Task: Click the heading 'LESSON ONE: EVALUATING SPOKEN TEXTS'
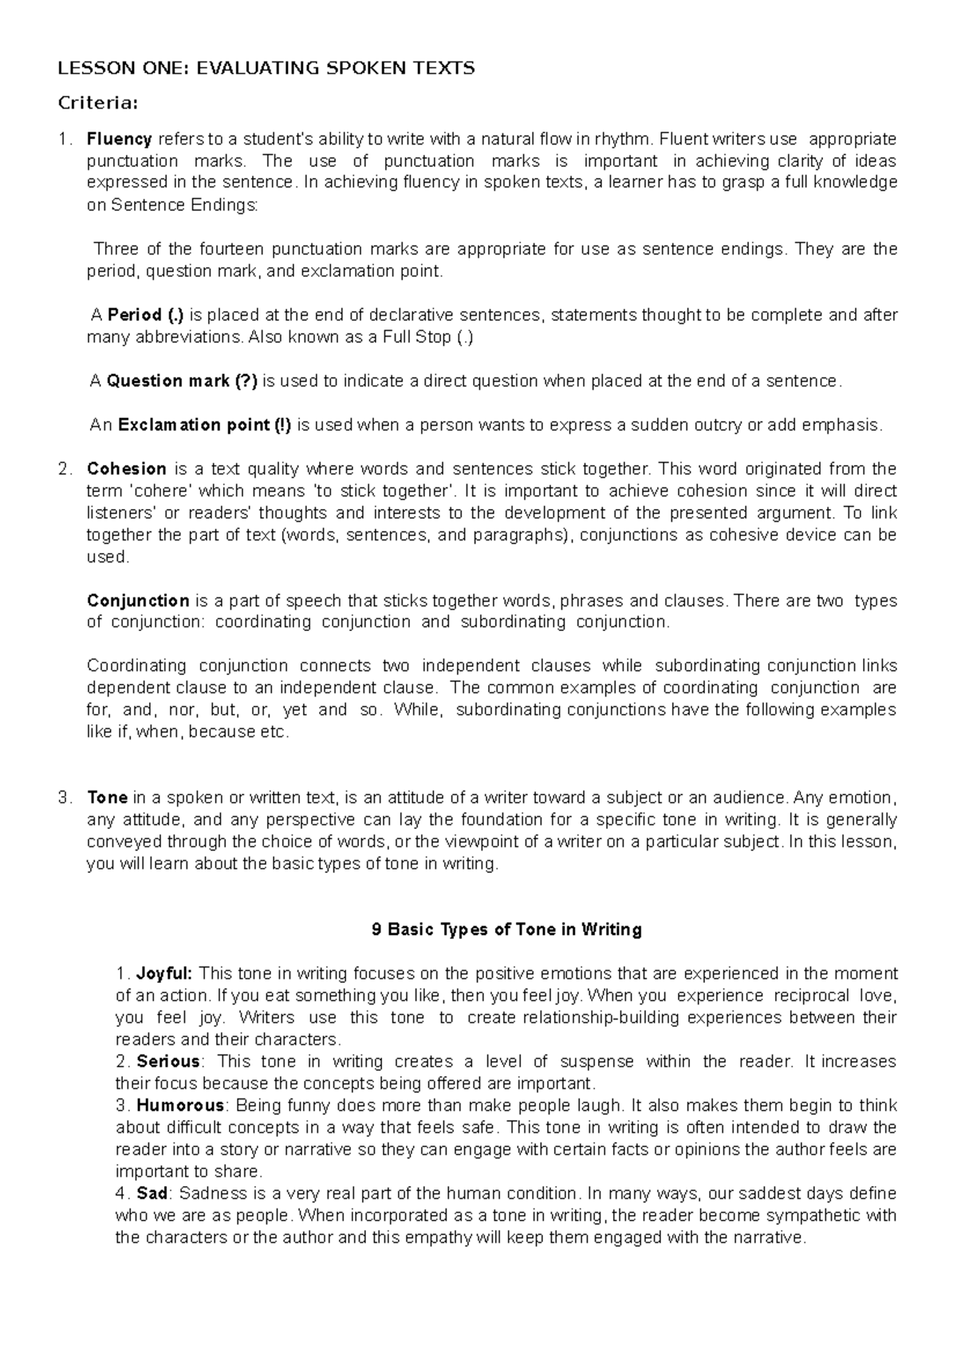pyautogui.click(x=266, y=68)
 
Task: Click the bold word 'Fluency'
pyautogui.click(x=120, y=138)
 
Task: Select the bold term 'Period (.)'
pyautogui.click(x=146, y=314)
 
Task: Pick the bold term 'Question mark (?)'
pyautogui.click(x=182, y=381)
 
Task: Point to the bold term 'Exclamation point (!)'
pyautogui.click(x=204, y=424)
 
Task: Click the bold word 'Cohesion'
pyautogui.click(x=127, y=468)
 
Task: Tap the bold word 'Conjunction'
pyautogui.click(x=138, y=600)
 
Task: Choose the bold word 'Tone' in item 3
pyautogui.click(x=108, y=797)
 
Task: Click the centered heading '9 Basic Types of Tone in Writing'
pyautogui.click(x=507, y=929)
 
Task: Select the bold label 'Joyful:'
pyautogui.click(x=164, y=973)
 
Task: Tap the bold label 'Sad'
pyautogui.click(x=152, y=1193)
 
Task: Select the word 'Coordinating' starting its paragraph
pyautogui.click(x=136, y=665)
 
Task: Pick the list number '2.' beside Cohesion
pyautogui.click(x=65, y=468)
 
